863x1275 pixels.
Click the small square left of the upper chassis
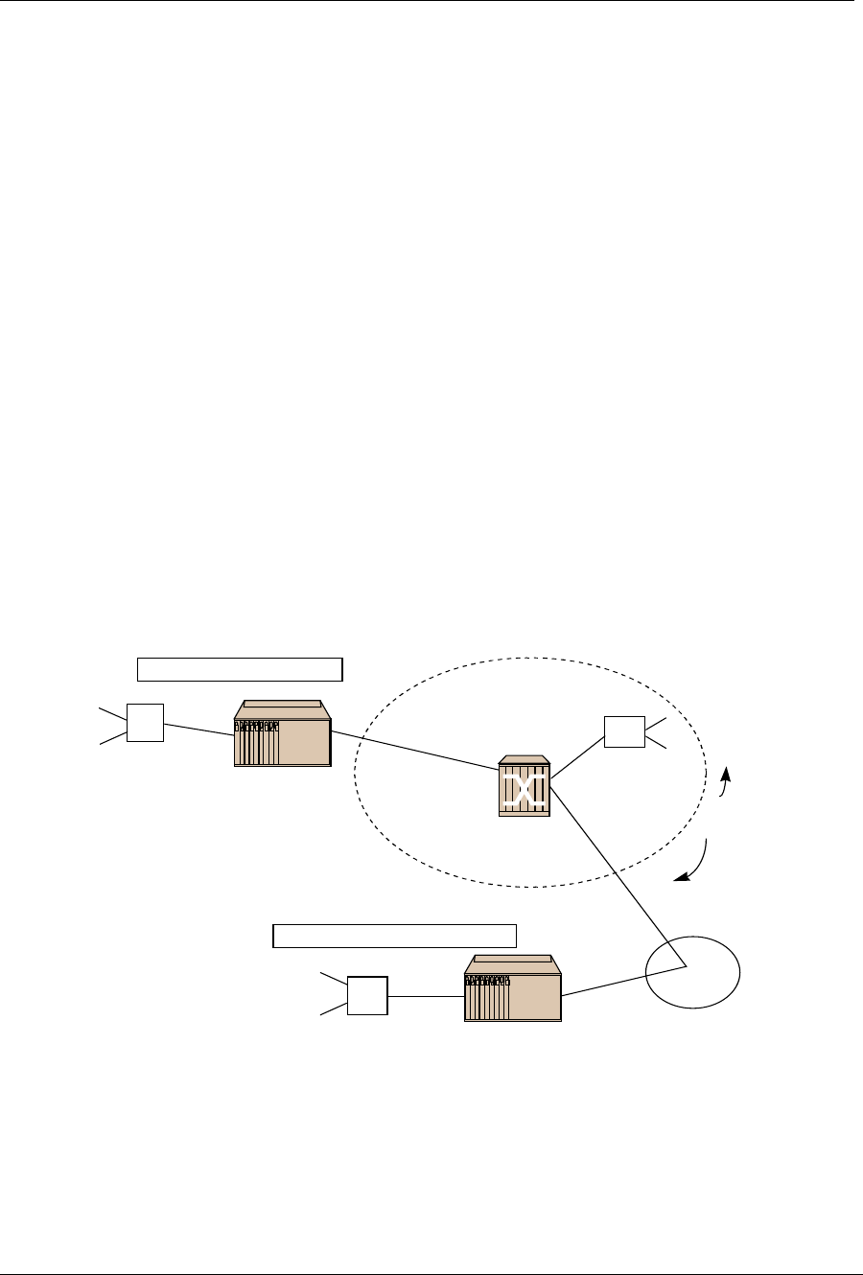[145, 722]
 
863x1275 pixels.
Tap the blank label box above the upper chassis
[240, 669]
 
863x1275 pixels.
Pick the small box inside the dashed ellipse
[623, 732]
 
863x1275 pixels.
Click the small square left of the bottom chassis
[367, 995]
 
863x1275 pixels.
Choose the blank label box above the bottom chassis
[395, 935]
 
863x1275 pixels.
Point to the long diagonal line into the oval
[618, 872]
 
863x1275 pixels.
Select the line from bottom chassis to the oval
[623, 981]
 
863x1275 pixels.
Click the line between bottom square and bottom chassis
[426, 996]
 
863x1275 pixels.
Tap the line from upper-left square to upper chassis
[198, 729]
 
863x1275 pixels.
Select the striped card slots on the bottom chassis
[486, 997]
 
